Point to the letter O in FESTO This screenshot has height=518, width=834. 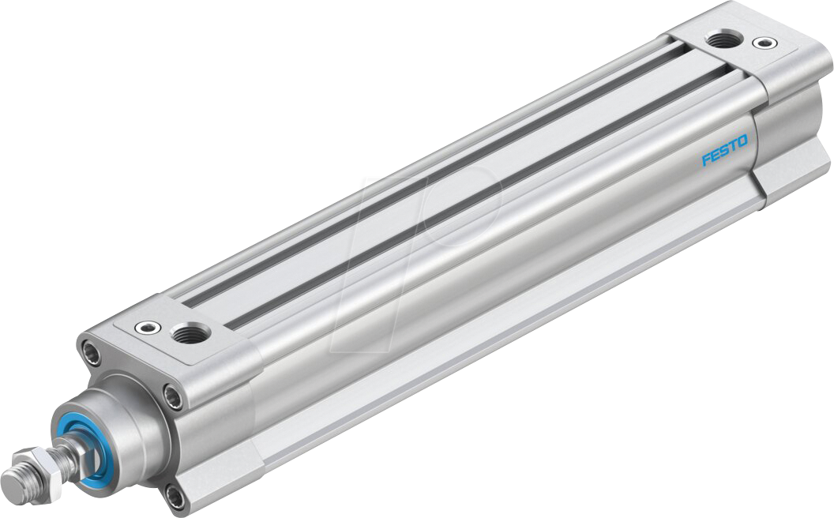(x=742, y=141)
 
